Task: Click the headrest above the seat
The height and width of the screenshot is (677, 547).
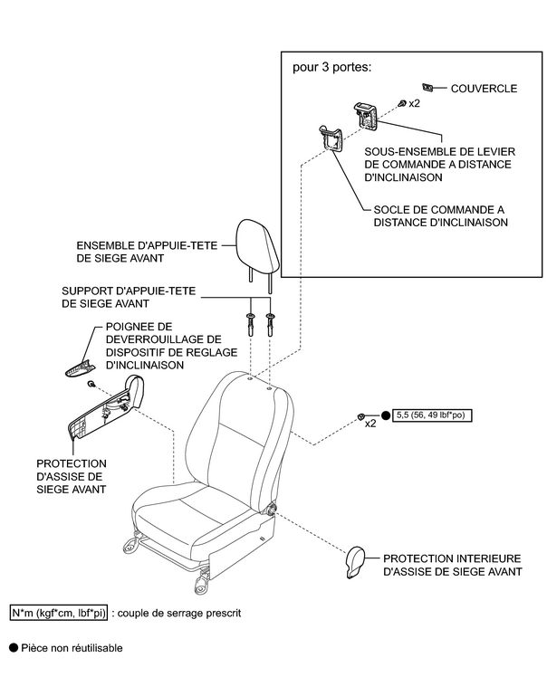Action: coord(257,245)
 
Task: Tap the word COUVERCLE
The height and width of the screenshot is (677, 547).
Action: coord(484,89)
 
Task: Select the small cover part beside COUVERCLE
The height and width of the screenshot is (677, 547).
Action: coord(430,88)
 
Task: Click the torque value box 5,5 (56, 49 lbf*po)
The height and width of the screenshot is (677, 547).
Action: coord(439,415)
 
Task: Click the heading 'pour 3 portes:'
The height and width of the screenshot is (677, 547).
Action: coord(331,68)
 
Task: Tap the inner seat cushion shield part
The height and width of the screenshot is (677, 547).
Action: coord(356,562)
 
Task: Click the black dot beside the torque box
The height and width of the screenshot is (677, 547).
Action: coord(386,415)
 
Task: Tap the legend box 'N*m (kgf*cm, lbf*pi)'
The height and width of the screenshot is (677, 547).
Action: coord(58,613)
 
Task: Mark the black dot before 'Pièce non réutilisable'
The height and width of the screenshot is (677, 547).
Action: coord(13,648)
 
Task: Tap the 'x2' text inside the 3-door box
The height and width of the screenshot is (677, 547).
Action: coord(414,104)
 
